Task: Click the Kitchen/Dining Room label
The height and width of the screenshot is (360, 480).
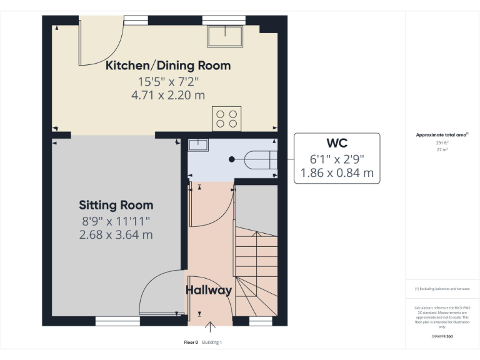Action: (x=167, y=66)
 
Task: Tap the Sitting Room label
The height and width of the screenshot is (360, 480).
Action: (x=116, y=205)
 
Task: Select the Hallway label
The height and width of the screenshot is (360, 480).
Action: (x=209, y=290)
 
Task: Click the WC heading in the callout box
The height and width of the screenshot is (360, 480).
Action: (x=336, y=143)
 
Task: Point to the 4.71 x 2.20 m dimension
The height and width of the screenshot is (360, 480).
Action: (x=167, y=95)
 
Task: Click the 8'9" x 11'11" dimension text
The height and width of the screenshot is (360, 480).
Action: (x=116, y=221)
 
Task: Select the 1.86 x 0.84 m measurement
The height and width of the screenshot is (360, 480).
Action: (x=336, y=173)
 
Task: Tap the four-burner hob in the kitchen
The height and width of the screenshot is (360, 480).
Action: (x=226, y=117)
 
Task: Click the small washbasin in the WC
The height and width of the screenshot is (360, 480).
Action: (x=198, y=146)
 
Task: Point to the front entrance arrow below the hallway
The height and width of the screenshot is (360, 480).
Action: (x=211, y=326)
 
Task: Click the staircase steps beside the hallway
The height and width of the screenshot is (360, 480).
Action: (x=256, y=262)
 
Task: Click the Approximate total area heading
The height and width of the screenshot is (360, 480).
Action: (x=442, y=134)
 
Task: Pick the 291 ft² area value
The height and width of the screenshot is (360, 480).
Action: (x=442, y=142)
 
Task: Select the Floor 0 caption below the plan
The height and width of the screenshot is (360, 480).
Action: (x=191, y=342)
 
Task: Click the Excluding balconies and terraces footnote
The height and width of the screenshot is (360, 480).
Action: (x=442, y=289)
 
